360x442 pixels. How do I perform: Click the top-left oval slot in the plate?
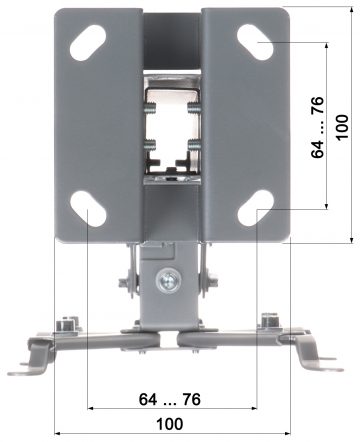pyautogui.click(x=89, y=43)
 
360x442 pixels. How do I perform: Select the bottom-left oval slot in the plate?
pyautogui.click(x=88, y=209)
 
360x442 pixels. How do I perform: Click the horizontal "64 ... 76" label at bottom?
pyautogui.click(x=169, y=399)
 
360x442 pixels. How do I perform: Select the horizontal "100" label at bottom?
pyautogui.click(x=170, y=423)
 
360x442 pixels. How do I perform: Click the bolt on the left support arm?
pyautogui.click(x=67, y=323)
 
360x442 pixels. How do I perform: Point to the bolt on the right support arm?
pyautogui.click(x=269, y=322)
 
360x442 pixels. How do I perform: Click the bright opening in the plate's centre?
pyautogui.click(x=171, y=125)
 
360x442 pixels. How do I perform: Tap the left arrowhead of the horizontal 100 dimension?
pyautogui.click(x=57, y=432)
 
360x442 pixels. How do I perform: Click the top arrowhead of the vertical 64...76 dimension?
pyautogui.click(x=328, y=46)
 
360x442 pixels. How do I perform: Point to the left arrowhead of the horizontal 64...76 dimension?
pyautogui.click(x=91, y=408)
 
